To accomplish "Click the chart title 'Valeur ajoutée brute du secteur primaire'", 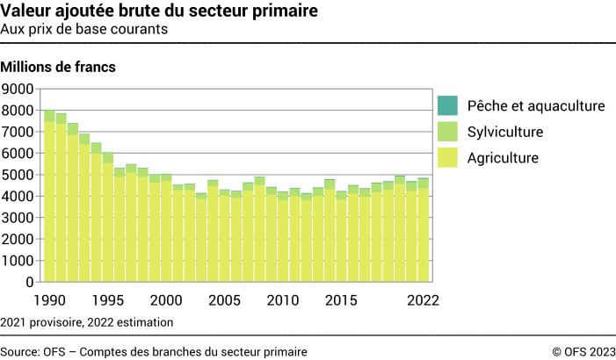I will click(160, 11).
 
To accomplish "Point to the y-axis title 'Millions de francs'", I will click(59, 67).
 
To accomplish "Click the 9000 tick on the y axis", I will click(18, 89).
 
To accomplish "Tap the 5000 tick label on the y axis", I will click(18, 175).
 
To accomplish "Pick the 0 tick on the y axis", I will click(29, 282).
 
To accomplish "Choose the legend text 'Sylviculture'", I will click(505, 133).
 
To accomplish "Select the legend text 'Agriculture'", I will click(504, 159).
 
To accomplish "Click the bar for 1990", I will click(49, 197).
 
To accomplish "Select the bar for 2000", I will click(166, 228).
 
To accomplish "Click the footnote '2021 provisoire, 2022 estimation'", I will click(87, 322).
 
